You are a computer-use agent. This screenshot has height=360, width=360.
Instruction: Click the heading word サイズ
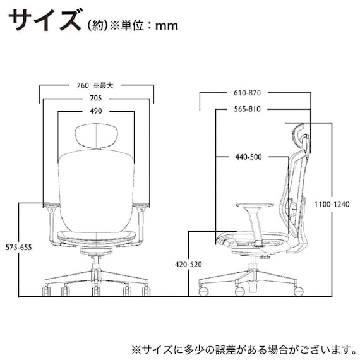tap(43, 21)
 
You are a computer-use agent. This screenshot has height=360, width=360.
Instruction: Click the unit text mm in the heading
tap(166, 26)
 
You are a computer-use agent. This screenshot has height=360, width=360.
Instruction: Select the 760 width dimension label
tap(82, 85)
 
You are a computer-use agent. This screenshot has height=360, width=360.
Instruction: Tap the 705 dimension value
tap(96, 99)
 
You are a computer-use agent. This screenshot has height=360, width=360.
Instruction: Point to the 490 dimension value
tap(96, 111)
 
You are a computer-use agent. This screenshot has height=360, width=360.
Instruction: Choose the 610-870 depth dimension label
tap(251, 93)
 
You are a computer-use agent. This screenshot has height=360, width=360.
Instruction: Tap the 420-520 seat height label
tap(187, 263)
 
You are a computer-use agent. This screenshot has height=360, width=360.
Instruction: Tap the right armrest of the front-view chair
tap(141, 205)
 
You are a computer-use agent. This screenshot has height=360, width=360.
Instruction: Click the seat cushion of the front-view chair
tap(96, 237)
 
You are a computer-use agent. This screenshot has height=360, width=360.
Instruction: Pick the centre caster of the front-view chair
tap(96, 291)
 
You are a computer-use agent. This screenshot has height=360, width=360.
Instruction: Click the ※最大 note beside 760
tap(104, 85)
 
